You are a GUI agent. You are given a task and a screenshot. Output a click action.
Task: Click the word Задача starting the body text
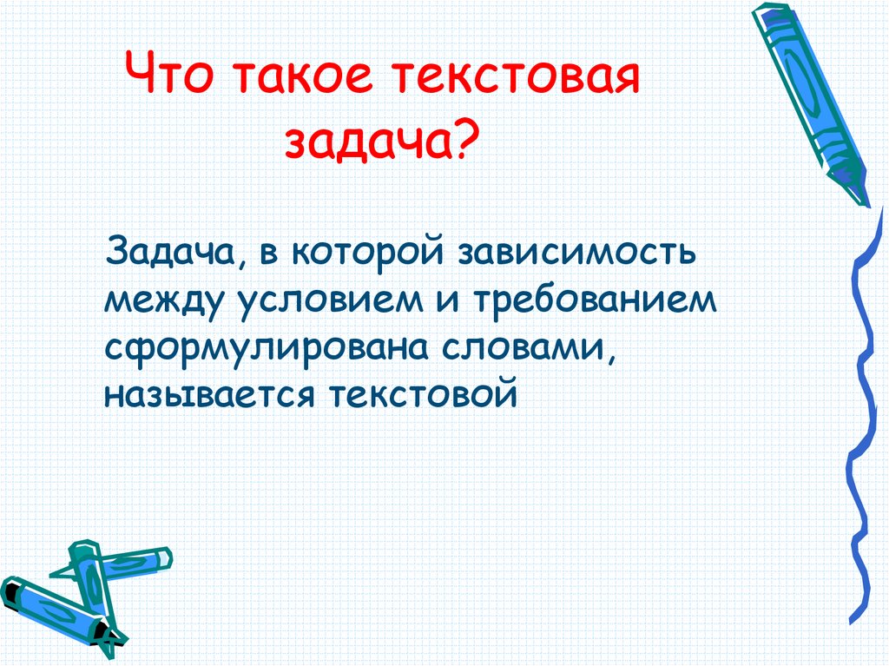pyautogui.click(x=169, y=253)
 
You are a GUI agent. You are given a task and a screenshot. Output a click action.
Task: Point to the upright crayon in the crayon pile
pyautogui.click(x=94, y=590)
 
